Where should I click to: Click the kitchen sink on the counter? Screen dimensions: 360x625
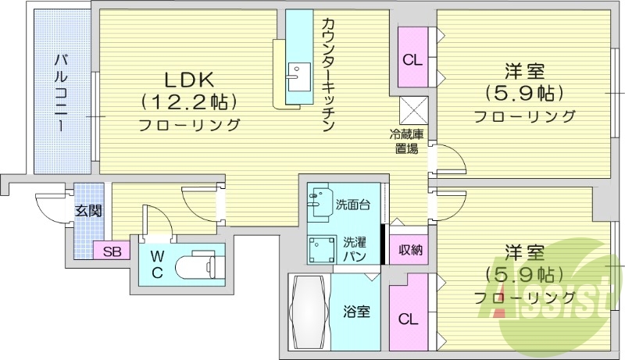click(x=296, y=75)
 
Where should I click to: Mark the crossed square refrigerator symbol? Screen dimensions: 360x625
click(x=412, y=109)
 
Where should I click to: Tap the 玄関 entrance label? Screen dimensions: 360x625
click(x=86, y=211)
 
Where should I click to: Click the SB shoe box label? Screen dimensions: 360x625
click(x=112, y=251)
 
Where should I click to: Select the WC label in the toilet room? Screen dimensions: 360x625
click(x=156, y=263)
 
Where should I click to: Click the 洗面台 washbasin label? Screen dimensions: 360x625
click(x=352, y=205)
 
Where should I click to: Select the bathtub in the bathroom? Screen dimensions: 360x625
click(x=309, y=312)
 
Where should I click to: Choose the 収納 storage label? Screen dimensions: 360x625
click(x=408, y=250)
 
